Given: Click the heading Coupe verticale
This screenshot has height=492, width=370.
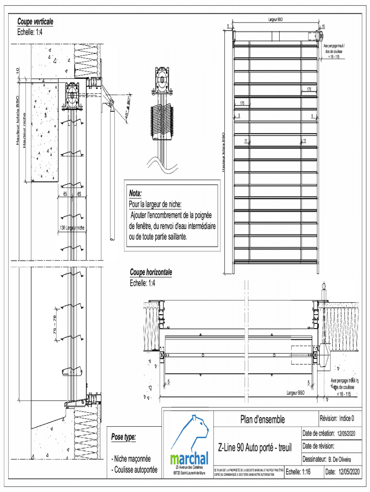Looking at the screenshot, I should click(35, 22).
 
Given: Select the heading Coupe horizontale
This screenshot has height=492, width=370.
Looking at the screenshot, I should click(151, 273).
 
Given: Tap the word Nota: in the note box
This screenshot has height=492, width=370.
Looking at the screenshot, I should click(135, 194).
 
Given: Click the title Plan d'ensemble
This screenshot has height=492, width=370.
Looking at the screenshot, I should click(262, 419).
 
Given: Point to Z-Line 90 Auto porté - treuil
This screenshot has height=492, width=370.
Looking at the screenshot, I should click(255, 448).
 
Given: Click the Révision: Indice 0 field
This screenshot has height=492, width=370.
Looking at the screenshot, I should click(337, 418).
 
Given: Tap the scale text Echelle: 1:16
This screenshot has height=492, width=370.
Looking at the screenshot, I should click(298, 472).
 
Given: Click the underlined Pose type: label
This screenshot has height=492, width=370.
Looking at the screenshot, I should click(123, 437).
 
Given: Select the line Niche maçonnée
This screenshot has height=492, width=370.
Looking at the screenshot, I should click(131, 459).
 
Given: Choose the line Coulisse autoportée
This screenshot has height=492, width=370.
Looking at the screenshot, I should click(134, 470).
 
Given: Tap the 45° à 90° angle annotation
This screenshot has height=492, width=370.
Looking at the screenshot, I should click(128, 112).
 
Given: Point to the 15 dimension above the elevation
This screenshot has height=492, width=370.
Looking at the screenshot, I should click(323, 26).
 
